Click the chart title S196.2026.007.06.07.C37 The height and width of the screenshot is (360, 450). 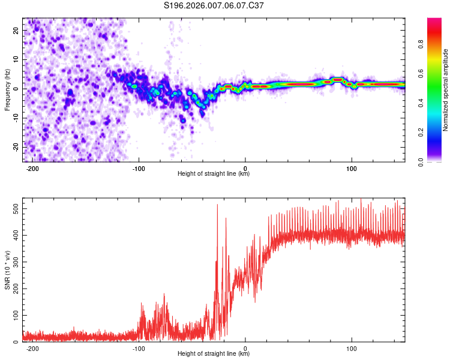[x=214, y=5]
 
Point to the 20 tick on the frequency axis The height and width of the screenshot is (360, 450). [x=16, y=30]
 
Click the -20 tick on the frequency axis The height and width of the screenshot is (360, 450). [x=15, y=147]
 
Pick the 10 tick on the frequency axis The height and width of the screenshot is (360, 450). [x=16, y=59]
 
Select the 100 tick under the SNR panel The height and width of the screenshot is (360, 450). [x=352, y=349]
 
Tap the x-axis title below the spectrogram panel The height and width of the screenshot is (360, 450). [x=214, y=174]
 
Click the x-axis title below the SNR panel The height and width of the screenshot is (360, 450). [x=214, y=354]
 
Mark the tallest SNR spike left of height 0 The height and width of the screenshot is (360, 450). [x=217, y=205]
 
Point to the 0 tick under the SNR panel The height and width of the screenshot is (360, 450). [x=245, y=349]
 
